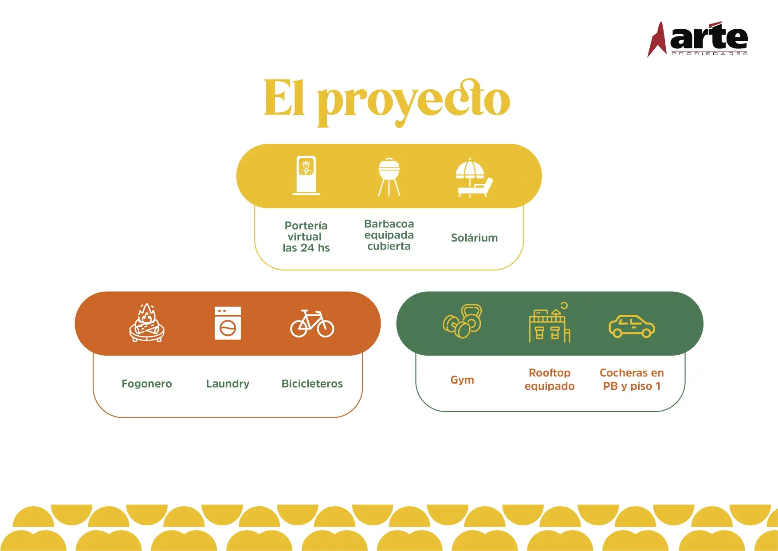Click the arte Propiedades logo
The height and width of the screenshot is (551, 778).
(698, 39)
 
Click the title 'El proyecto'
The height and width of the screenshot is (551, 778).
(387, 102)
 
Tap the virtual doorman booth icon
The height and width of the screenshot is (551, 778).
(306, 175)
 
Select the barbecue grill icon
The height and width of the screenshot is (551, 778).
(389, 177)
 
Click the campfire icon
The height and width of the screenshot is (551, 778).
(147, 322)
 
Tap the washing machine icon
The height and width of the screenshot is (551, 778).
(228, 323)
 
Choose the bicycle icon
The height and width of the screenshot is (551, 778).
(312, 323)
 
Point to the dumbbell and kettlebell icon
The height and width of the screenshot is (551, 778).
(462, 321)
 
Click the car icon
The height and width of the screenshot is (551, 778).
(632, 326)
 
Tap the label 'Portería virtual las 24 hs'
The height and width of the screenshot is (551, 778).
(306, 237)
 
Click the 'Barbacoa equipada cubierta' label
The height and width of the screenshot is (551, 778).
(389, 235)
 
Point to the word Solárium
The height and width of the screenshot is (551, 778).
(474, 238)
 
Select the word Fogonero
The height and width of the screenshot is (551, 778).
(147, 384)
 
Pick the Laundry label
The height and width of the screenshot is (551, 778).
(228, 384)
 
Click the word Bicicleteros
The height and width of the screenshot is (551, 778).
(312, 384)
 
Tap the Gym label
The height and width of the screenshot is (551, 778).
(462, 380)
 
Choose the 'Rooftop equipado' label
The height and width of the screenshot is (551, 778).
(550, 380)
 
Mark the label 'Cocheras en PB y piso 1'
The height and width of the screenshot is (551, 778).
(632, 380)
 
